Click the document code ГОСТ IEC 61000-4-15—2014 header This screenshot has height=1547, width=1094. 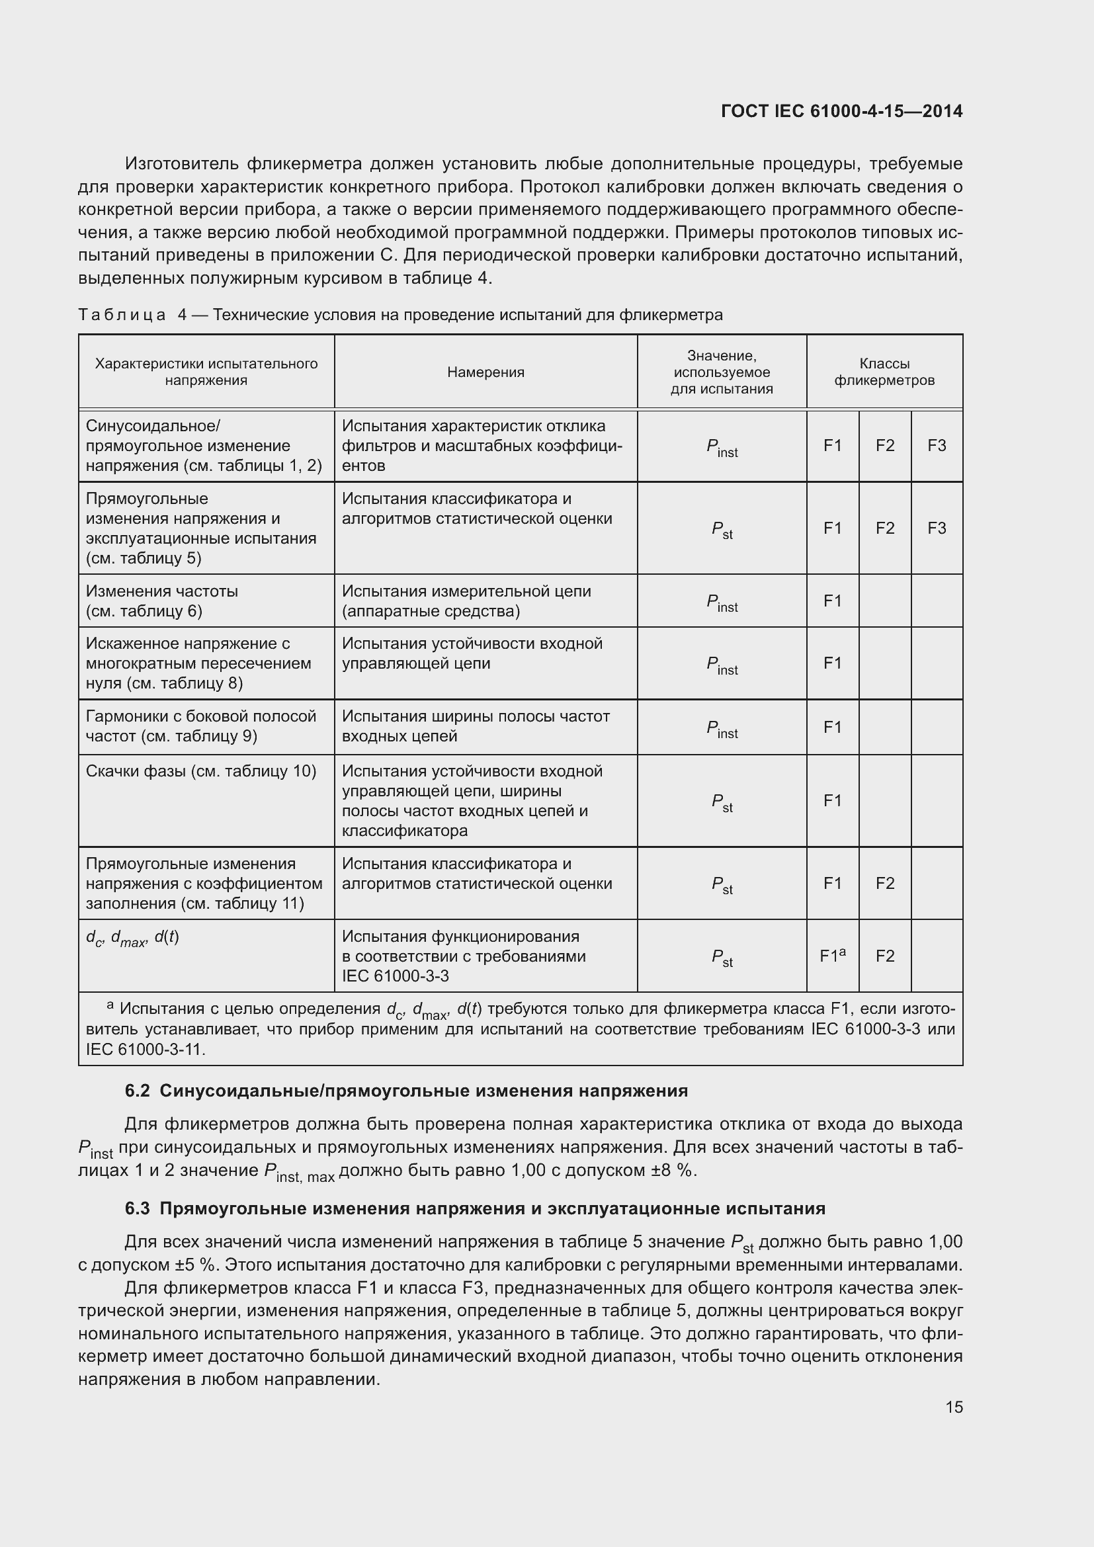[x=841, y=111]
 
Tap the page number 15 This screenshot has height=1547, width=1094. [x=954, y=1407]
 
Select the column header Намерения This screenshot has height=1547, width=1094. [x=485, y=372]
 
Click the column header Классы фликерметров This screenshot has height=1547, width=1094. [x=884, y=372]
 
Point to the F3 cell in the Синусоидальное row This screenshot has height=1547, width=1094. [x=937, y=445]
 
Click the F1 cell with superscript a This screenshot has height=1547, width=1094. [x=833, y=956]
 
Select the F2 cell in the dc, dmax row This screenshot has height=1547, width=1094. [x=884, y=956]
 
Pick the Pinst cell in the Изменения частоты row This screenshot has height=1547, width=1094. [x=722, y=602]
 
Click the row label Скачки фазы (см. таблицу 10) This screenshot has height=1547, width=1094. [x=201, y=771]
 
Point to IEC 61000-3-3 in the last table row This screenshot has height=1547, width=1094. [x=396, y=976]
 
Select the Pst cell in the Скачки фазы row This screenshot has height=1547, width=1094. [x=722, y=802]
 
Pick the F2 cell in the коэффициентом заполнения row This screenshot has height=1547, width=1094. [x=884, y=883]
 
